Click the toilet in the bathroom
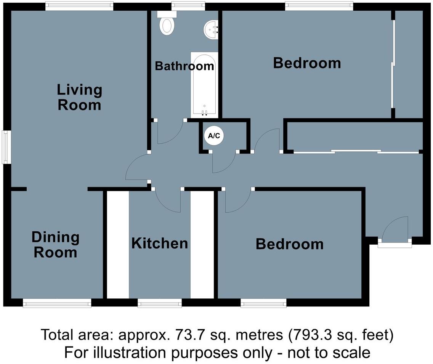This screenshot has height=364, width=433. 167,24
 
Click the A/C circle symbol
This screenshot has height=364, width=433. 213,136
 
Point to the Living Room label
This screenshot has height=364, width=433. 79,97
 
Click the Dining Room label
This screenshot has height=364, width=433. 55,245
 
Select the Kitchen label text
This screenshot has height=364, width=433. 159,243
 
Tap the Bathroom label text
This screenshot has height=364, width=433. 184,66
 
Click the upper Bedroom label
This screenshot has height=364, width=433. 307,63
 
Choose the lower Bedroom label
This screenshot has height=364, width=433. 289,244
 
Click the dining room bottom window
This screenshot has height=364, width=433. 57,303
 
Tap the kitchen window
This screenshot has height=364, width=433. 160,303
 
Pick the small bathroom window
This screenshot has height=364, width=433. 188,6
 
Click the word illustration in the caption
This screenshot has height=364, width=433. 127,352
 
